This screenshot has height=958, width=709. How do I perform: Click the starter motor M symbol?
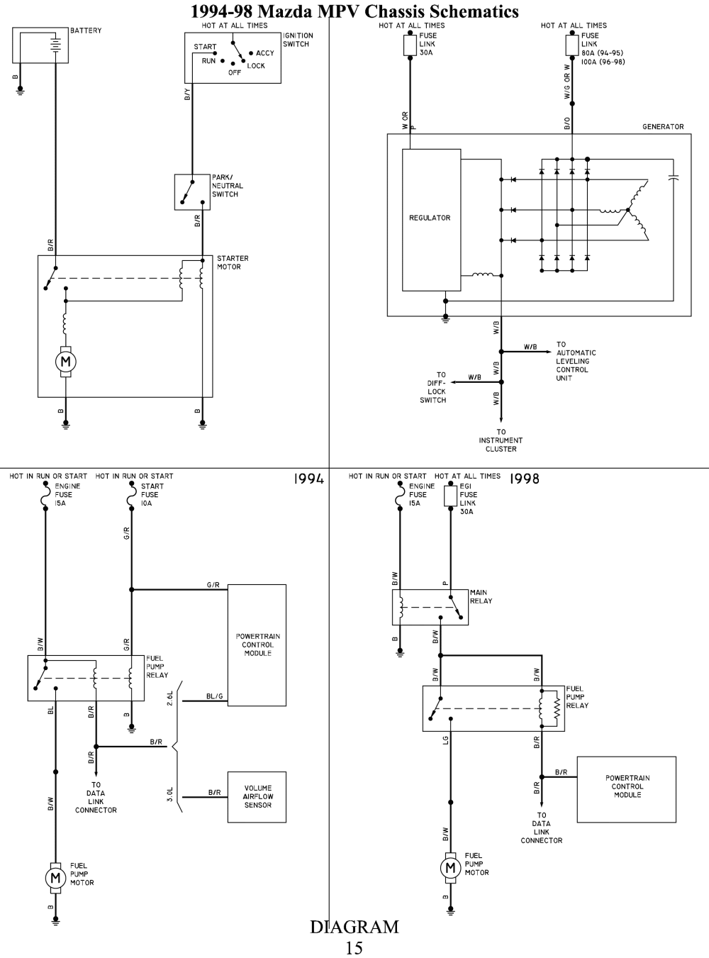coord(66,361)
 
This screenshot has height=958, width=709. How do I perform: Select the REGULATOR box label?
coord(430,218)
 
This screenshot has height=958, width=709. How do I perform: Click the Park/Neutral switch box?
coord(192,192)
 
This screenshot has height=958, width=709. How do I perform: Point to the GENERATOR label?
coord(663,126)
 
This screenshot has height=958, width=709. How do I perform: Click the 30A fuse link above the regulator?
coord(410,45)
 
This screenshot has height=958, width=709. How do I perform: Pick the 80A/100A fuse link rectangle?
coord(572,45)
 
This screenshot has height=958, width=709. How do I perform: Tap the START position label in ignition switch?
coord(205,47)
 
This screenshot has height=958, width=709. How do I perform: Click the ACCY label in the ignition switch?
coord(265,53)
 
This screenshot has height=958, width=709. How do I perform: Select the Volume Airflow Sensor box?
coord(257,797)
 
